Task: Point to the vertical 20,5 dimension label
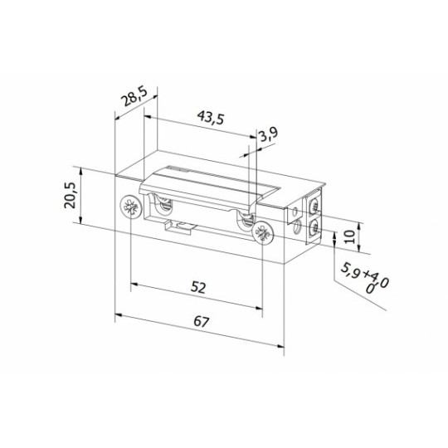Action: (x=71, y=197)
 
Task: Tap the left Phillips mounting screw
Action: (x=130, y=208)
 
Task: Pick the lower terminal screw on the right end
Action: (x=314, y=228)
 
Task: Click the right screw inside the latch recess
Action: (x=246, y=221)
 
